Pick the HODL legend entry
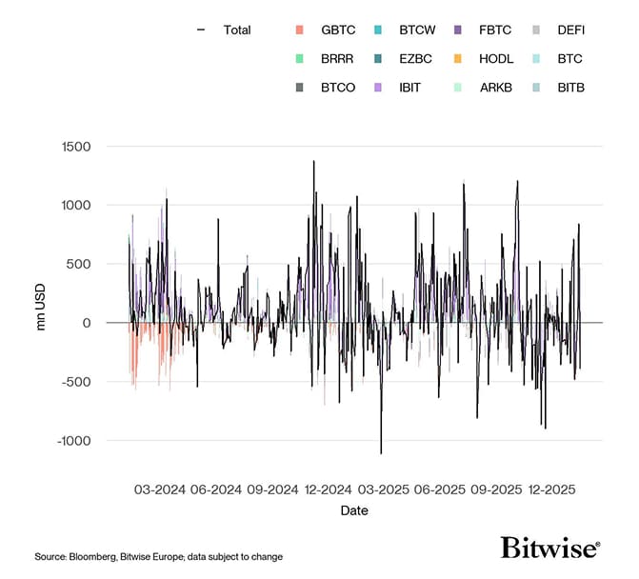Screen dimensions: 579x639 click(x=496, y=59)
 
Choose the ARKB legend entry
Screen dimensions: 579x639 click(x=496, y=88)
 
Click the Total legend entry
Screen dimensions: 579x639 click(x=236, y=30)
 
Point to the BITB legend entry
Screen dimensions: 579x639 click(x=571, y=88)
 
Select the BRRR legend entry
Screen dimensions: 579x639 click(x=337, y=59)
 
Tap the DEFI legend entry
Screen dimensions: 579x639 click(x=571, y=30)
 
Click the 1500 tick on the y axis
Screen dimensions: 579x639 click(x=75, y=147)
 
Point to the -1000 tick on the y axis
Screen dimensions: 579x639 click(x=73, y=441)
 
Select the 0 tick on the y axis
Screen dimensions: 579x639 click(x=86, y=323)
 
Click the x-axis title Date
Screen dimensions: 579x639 click(x=354, y=510)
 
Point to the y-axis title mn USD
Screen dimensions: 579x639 click(x=41, y=294)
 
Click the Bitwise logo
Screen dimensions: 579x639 click(x=549, y=549)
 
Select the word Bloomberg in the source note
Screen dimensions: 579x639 click(x=94, y=556)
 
